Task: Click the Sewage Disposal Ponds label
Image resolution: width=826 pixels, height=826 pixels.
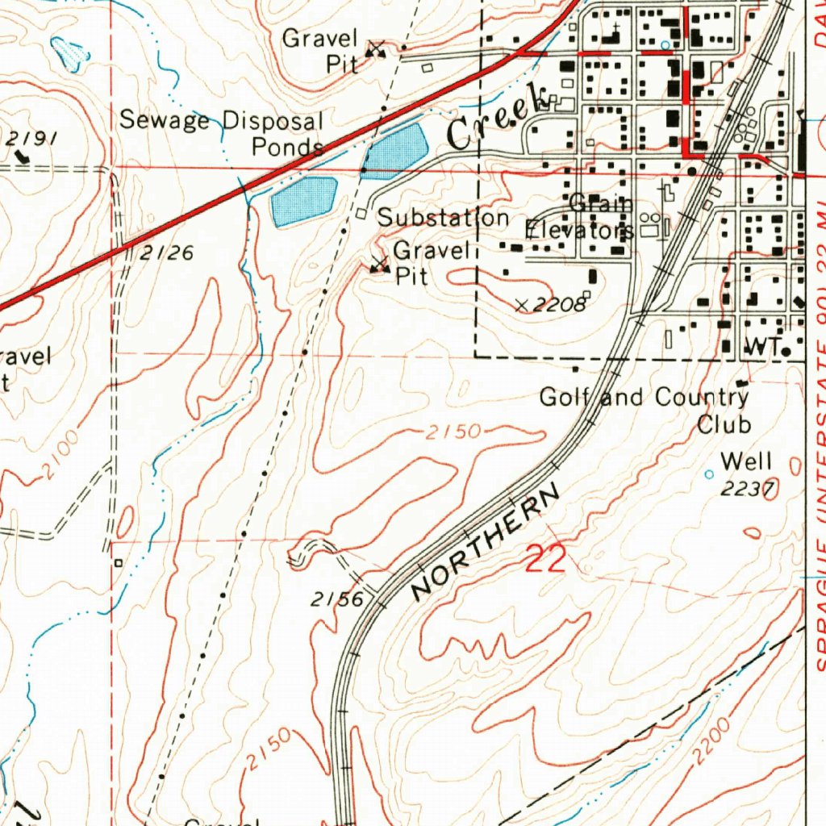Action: pyautogui.click(x=223, y=134)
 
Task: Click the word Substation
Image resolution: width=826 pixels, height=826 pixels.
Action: pyautogui.click(x=443, y=218)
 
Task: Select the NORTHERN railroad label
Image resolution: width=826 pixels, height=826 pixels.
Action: pyautogui.click(x=485, y=543)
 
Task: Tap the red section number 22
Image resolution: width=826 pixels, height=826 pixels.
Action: pyautogui.click(x=546, y=559)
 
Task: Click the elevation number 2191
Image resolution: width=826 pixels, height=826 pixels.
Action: pyautogui.click(x=32, y=138)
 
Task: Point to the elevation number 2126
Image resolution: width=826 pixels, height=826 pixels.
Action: pyautogui.click(x=166, y=253)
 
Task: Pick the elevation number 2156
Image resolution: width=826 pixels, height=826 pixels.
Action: pyautogui.click(x=338, y=599)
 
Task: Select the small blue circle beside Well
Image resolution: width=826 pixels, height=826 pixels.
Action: pyautogui.click(x=709, y=474)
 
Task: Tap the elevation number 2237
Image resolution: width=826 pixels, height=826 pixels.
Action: pyautogui.click(x=747, y=488)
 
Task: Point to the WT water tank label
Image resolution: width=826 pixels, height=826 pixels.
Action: pyautogui.click(x=761, y=348)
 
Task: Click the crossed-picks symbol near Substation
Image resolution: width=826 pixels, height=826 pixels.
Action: pyautogui.click(x=378, y=265)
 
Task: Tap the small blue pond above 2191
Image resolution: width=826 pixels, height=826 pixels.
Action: pyautogui.click(x=68, y=52)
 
